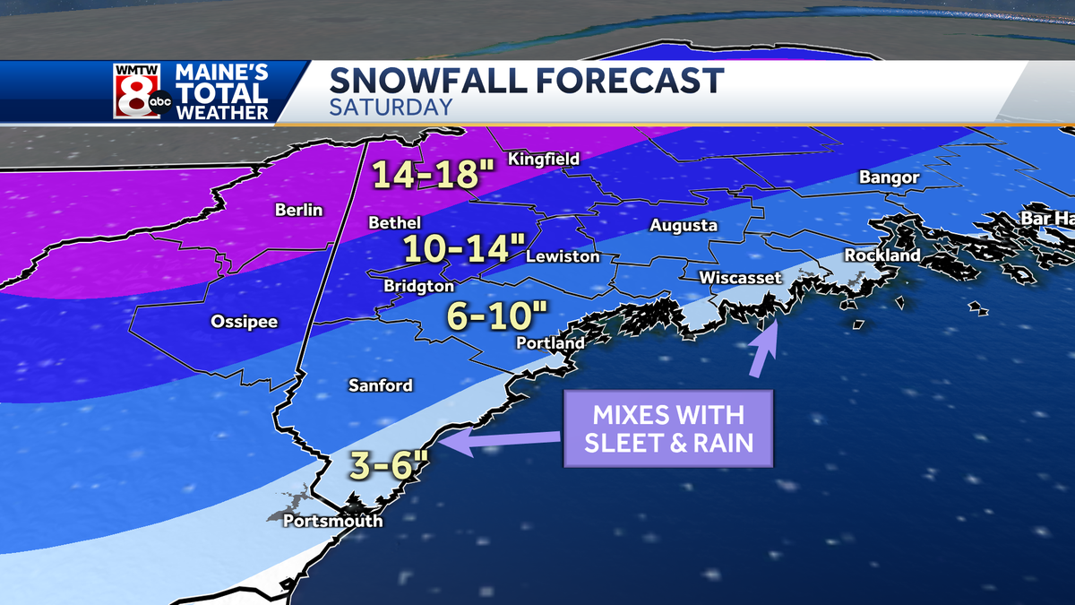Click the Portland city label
click(550, 342)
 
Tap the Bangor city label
click(889, 177)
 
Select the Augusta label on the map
click(684, 225)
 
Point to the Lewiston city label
click(562, 256)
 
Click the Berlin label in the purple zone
click(298, 210)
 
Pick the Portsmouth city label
click(332, 521)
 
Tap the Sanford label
click(381, 385)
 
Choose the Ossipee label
click(245, 321)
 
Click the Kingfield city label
click(544, 159)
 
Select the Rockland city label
click(882, 255)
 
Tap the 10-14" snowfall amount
click(457, 248)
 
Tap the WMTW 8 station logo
click(141, 91)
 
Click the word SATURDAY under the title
click(390, 107)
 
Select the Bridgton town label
click(418, 286)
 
